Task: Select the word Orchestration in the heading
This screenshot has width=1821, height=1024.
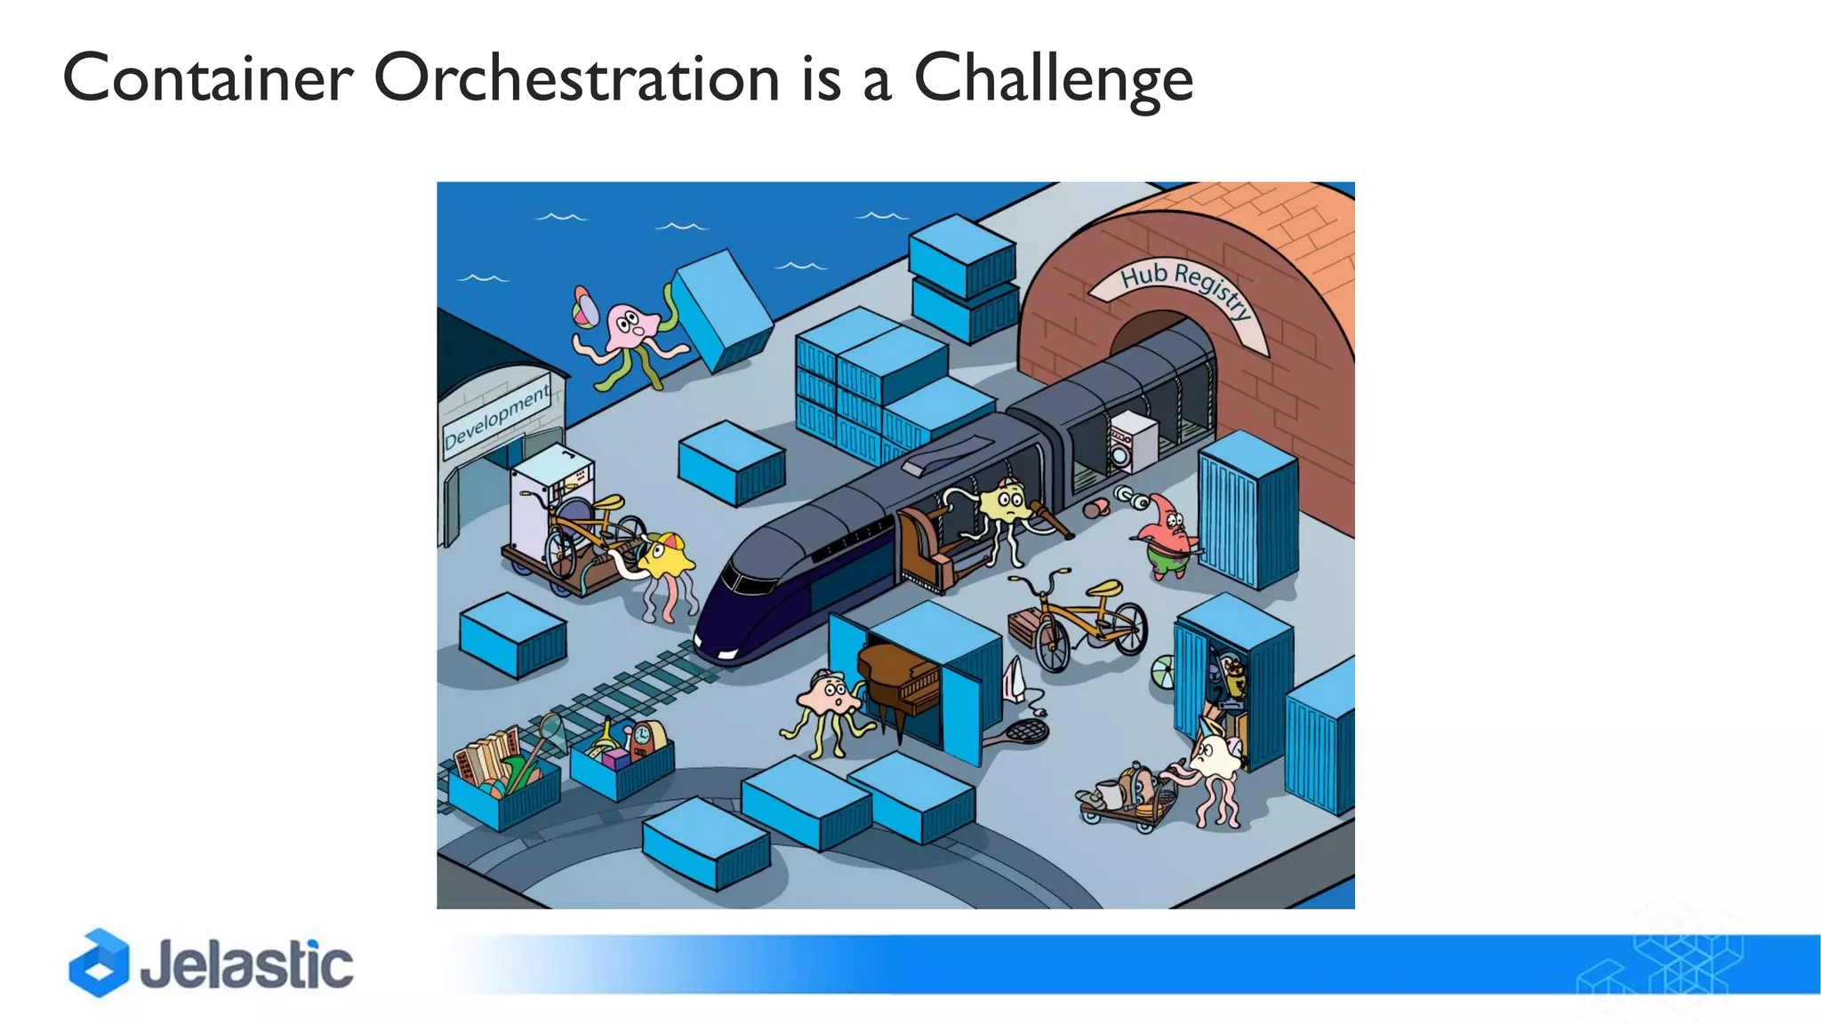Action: coord(576,78)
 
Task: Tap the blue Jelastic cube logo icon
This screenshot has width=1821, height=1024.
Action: coord(99,963)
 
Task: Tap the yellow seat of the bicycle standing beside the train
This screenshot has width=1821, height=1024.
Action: coord(1105,588)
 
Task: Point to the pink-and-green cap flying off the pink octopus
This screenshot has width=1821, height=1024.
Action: coord(583,307)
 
